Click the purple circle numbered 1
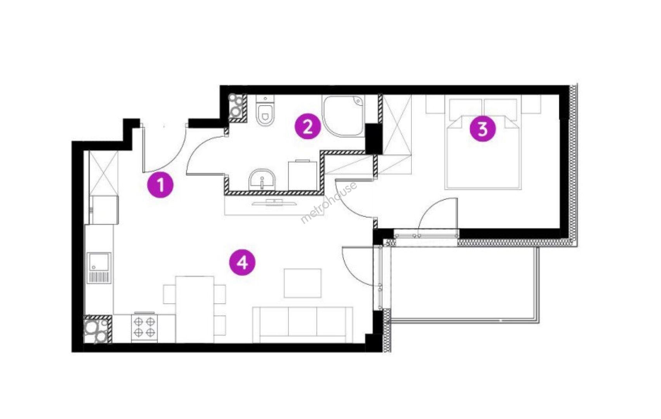pyautogui.click(x=161, y=185)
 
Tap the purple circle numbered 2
pyautogui.click(x=308, y=128)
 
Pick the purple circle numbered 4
pyautogui.click(x=243, y=262)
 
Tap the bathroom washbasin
pyautogui.click(x=262, y=180)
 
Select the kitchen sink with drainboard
pyautogui.click(x=99, y=268)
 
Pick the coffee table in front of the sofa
pyautogui.click(x=302, y=283)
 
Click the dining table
pyautogui.click(x=195, y=309)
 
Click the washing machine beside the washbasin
pyautogui.click(x=302, y=175)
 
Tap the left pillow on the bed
pyautogui.click(x=465, y=109)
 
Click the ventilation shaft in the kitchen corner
pyautogui.click(x=98, y=329)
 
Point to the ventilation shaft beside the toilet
pyautogui.click(x=238, y=108)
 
